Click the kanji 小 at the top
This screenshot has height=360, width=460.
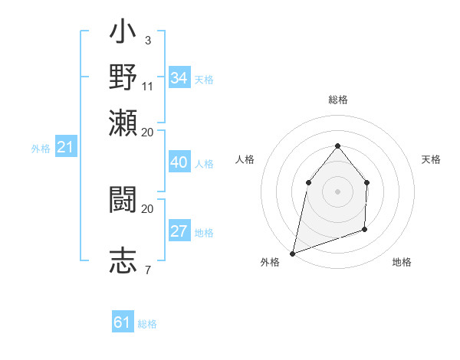[123, 34]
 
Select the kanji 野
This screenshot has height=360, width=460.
[123, 77]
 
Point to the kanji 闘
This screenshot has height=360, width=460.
[123, 201]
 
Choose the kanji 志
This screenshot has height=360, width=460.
[123, 259]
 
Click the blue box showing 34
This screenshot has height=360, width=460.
[179, 78]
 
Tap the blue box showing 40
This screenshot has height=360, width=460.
[179, 162]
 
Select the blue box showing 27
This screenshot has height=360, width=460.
[179, 232]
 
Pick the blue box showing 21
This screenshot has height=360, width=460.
[65, 148]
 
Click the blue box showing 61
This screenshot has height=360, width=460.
[123, 322]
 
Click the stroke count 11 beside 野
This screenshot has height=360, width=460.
[148, 86]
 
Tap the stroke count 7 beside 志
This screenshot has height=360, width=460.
[147, 269]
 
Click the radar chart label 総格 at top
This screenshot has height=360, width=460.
[337, 100]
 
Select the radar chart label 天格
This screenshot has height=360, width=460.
[431, 159]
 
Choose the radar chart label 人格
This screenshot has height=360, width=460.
[245, 159]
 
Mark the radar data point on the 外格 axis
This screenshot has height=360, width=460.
[292, 253]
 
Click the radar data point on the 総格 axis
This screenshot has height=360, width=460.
[337, 146]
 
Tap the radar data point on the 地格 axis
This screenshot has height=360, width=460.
[365, 229]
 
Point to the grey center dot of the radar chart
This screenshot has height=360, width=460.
[337, 191]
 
